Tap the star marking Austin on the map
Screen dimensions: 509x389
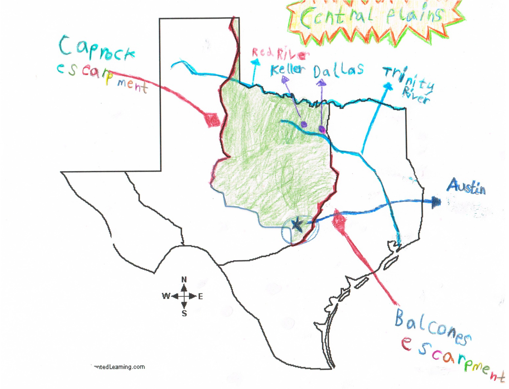pyautogui.click(x=297, y=225)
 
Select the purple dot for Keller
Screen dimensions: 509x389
pyautogui.click(x=304, y=124)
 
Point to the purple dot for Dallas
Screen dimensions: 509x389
pyautogui.click(x=322, y=129)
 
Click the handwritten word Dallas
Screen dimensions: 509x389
pyautogui.click(x=338, y=70)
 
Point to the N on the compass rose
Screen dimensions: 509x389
pyautogui.click(x=184, y=280)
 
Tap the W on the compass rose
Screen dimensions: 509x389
pyautogui.click(x=166, y=296)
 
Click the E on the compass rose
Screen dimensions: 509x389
pyautogui.click(x=201, y=296)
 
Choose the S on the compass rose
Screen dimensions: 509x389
pyautogui.click(x=184, y=313)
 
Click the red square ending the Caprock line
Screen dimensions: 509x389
pyautogui.click(x=212, y=120)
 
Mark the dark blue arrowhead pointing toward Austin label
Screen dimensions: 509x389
pyautogui.click(x=436, y=202)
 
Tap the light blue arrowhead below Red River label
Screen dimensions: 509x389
pyautogui.click(x=255, y=62)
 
